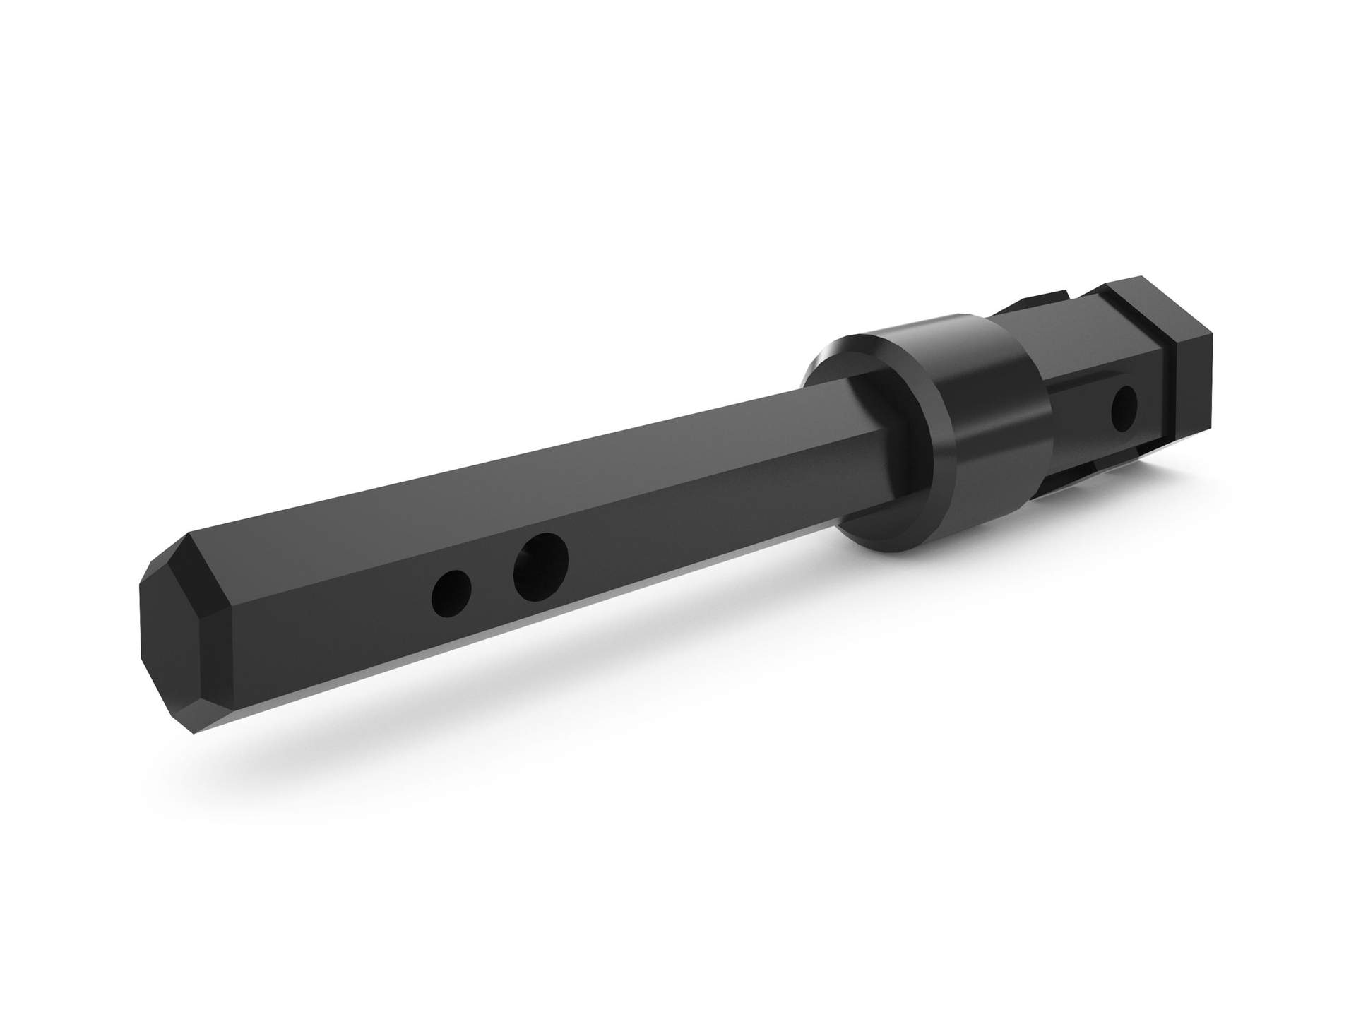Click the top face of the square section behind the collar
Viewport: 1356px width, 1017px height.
tap(1045, 311)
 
